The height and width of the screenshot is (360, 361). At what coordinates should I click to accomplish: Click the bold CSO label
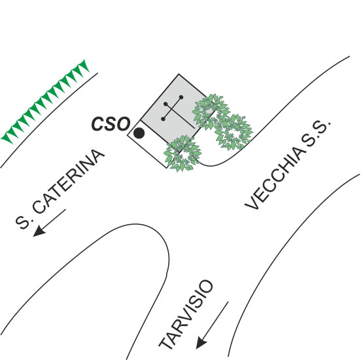pyautogui.click(x=111, y=124)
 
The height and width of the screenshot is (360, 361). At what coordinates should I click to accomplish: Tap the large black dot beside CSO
pyautogui.click(x=139, y=133)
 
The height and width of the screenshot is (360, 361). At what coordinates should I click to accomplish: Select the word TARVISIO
pyautogui.click(x=186, y=314)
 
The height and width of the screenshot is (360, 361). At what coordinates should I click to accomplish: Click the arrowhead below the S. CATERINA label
pyautogui.click(x=39, y=231)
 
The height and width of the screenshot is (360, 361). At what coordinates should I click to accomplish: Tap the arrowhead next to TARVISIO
pyautogui.click(x=201, y=342)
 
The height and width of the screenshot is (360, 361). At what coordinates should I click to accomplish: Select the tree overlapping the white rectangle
pyautogui.click(x=182, y=154)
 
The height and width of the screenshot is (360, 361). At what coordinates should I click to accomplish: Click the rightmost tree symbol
pyautogui.click(x=233, y=131)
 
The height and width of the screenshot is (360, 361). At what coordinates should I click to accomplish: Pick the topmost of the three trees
pyautogui.click(x=211, y=112)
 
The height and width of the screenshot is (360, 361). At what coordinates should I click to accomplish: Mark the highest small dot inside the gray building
pyautogui.click(x=181, y=97)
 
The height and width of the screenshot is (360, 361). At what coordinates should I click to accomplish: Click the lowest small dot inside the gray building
pyautogui.click(x=163, y=119)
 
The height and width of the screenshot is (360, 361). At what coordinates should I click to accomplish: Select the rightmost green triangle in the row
pyautogui.click(x=84, y=65)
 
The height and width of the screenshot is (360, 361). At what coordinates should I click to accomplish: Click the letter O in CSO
pyautogui.click(x=123, y=124)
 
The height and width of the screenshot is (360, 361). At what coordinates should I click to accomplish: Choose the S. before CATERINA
pyautogui.click(x=24, y=221)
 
